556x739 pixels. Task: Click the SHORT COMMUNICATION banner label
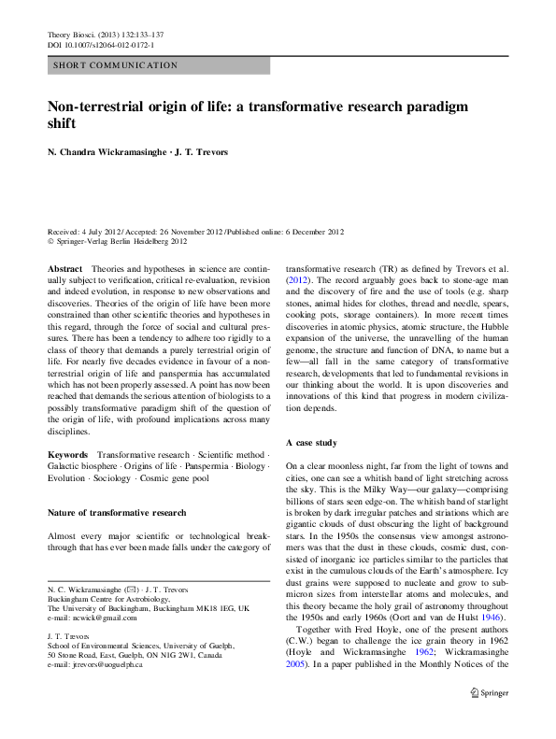[x=117, y=65]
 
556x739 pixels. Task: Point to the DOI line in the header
[x=100, y=45]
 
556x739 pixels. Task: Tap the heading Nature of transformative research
[x=117, y=513]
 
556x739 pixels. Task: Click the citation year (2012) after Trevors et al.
[x=298, y=280]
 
